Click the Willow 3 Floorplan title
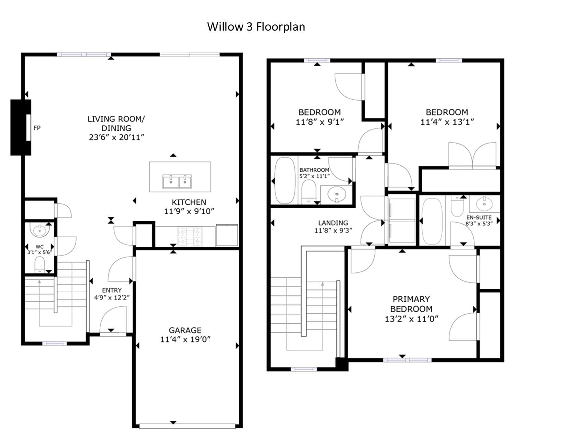click(256, 26)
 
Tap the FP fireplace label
click(37, 128)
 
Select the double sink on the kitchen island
click(177, 182)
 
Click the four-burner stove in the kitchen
click(190, 237)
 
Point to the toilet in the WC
click(40, 265)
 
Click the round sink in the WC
click(40, 229)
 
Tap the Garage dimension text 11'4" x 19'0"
click(185, 339)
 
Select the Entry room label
click(112, 290)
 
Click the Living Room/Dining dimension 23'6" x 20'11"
click(116, 137)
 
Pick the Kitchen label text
click(189, 202)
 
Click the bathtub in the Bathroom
click(285, 180)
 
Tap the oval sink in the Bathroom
click(337, 194)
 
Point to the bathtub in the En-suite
click(432, 221)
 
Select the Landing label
click(333, 223)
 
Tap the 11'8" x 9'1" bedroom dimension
click(320, 122)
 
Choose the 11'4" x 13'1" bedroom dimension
click(447, 122)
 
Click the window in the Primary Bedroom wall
click(407, 360)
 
